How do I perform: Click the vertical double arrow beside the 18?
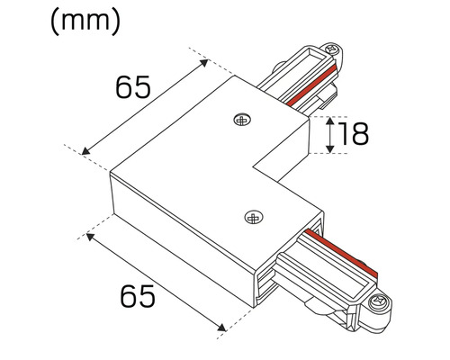pyautogui.click(x=332, y=134)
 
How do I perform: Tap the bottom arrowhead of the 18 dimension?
pyautogui.click(x=332, y=149)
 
